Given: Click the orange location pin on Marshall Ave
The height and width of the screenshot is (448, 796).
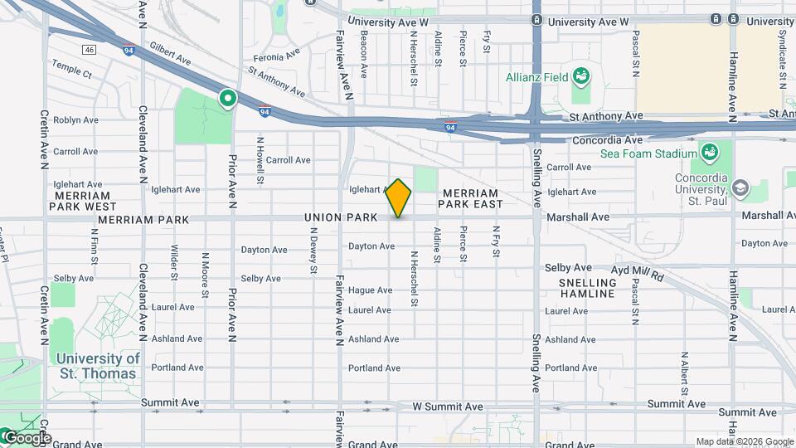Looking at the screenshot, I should (399, 198).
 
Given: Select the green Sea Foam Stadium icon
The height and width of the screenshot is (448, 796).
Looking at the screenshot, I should (709, 153).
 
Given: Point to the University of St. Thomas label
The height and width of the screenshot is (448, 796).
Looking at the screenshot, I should (98, 366).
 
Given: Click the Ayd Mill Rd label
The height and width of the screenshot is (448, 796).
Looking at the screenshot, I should (638, 270).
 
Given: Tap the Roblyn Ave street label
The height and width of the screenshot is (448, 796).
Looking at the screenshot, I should (75, 120).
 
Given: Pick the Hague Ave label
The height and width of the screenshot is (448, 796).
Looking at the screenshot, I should (370, 290).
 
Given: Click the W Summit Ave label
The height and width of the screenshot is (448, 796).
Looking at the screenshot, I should (448, 407).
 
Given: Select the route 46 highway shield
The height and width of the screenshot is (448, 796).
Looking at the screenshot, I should (90, 50).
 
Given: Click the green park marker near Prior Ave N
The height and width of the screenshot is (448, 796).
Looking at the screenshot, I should (227, 100).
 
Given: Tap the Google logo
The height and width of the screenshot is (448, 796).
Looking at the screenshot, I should (27, 437).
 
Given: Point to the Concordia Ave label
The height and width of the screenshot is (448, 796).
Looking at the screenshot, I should (608, 140).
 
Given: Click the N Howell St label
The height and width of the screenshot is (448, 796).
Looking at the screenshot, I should (260, 160).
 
